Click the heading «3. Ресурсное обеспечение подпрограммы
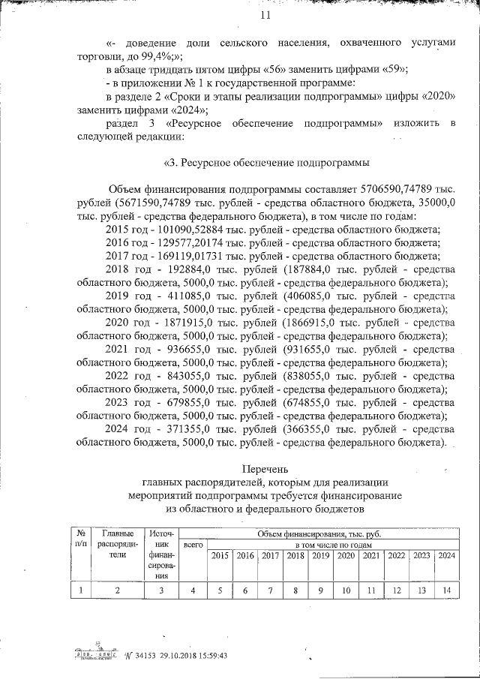(265, 161)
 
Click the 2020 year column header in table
(346, 555)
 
